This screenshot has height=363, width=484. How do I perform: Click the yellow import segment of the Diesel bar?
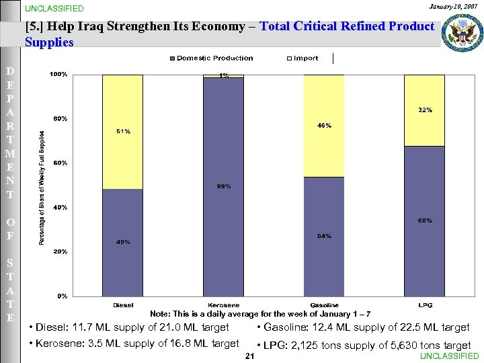122,132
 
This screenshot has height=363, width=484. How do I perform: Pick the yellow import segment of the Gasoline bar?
324,126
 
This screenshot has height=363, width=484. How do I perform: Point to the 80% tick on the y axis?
60,119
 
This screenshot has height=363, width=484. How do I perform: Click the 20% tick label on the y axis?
60,251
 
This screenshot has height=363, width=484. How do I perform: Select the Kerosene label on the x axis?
224,305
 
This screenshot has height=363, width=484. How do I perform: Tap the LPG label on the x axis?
425,305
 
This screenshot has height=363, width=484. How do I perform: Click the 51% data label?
122,132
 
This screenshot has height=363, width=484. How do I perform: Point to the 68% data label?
424,220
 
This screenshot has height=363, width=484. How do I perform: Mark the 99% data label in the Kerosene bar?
224,186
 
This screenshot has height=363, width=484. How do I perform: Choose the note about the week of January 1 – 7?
259,314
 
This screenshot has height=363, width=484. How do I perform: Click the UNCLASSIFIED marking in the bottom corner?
449,356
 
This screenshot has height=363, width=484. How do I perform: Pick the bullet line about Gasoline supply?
363,327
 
